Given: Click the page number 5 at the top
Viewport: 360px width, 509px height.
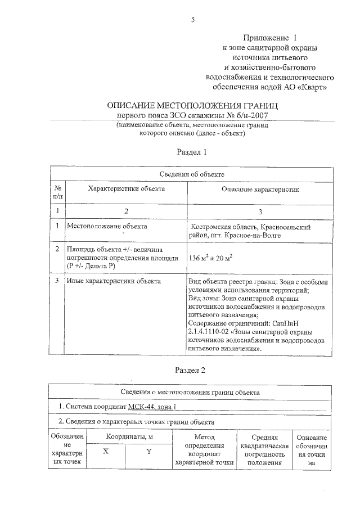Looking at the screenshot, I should pos(193,20).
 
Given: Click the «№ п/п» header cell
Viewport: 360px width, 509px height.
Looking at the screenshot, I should pos(58,192).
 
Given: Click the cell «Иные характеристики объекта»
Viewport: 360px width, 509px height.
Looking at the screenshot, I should pos(114,281).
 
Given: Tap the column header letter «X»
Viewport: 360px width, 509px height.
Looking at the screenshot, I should pos(105,452).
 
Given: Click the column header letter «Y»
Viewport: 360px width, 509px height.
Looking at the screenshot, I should pos(149,452).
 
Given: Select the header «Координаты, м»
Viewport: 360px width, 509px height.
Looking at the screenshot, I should pos(127,437).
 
